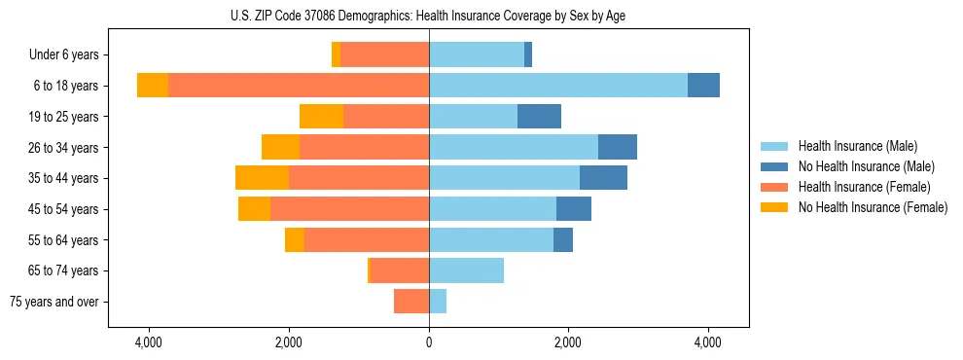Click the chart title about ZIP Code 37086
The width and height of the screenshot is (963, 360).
coord(428,16)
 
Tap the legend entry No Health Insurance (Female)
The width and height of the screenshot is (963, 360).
coord(873,207)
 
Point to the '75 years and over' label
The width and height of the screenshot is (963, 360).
coord(54,302)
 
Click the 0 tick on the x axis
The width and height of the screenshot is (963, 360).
coord(429,343)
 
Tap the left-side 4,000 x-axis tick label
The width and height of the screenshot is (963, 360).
coord(149,343)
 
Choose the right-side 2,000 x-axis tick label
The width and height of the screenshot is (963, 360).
coord(568,343)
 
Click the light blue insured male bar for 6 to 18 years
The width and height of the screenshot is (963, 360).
coord(558,86)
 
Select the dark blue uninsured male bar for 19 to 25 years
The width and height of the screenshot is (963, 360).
coord(539,117)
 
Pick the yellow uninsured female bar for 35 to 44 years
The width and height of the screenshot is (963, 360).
coord(262,178)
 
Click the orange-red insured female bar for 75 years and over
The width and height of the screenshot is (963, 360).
coord(411,302)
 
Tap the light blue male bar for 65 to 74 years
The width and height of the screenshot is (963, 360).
coord(466,270)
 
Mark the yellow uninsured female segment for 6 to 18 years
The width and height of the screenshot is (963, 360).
coord(153,86)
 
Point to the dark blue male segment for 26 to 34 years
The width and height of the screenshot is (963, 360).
coord(618,147)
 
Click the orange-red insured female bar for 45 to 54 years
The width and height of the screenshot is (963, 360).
coord(349,209)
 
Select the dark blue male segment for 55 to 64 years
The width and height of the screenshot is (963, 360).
coord(563,239)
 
